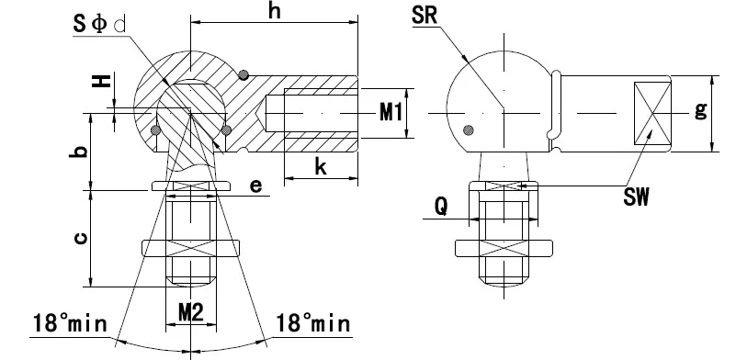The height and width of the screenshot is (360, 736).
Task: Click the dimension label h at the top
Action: [275, 11]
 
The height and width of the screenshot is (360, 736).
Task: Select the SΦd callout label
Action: [99, 24]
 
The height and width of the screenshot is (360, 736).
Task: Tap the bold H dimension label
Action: [101, 81]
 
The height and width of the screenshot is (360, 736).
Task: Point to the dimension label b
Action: [80, 152]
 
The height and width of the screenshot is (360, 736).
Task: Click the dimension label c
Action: [80, 239]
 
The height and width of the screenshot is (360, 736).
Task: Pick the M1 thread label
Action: [391, 113]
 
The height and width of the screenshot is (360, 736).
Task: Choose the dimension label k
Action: [321, 166]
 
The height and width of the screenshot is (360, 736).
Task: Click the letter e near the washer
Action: [255, 186]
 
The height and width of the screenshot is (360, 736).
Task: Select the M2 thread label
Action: [191, 312]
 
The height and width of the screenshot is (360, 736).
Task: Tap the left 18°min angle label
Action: [70, 323]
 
